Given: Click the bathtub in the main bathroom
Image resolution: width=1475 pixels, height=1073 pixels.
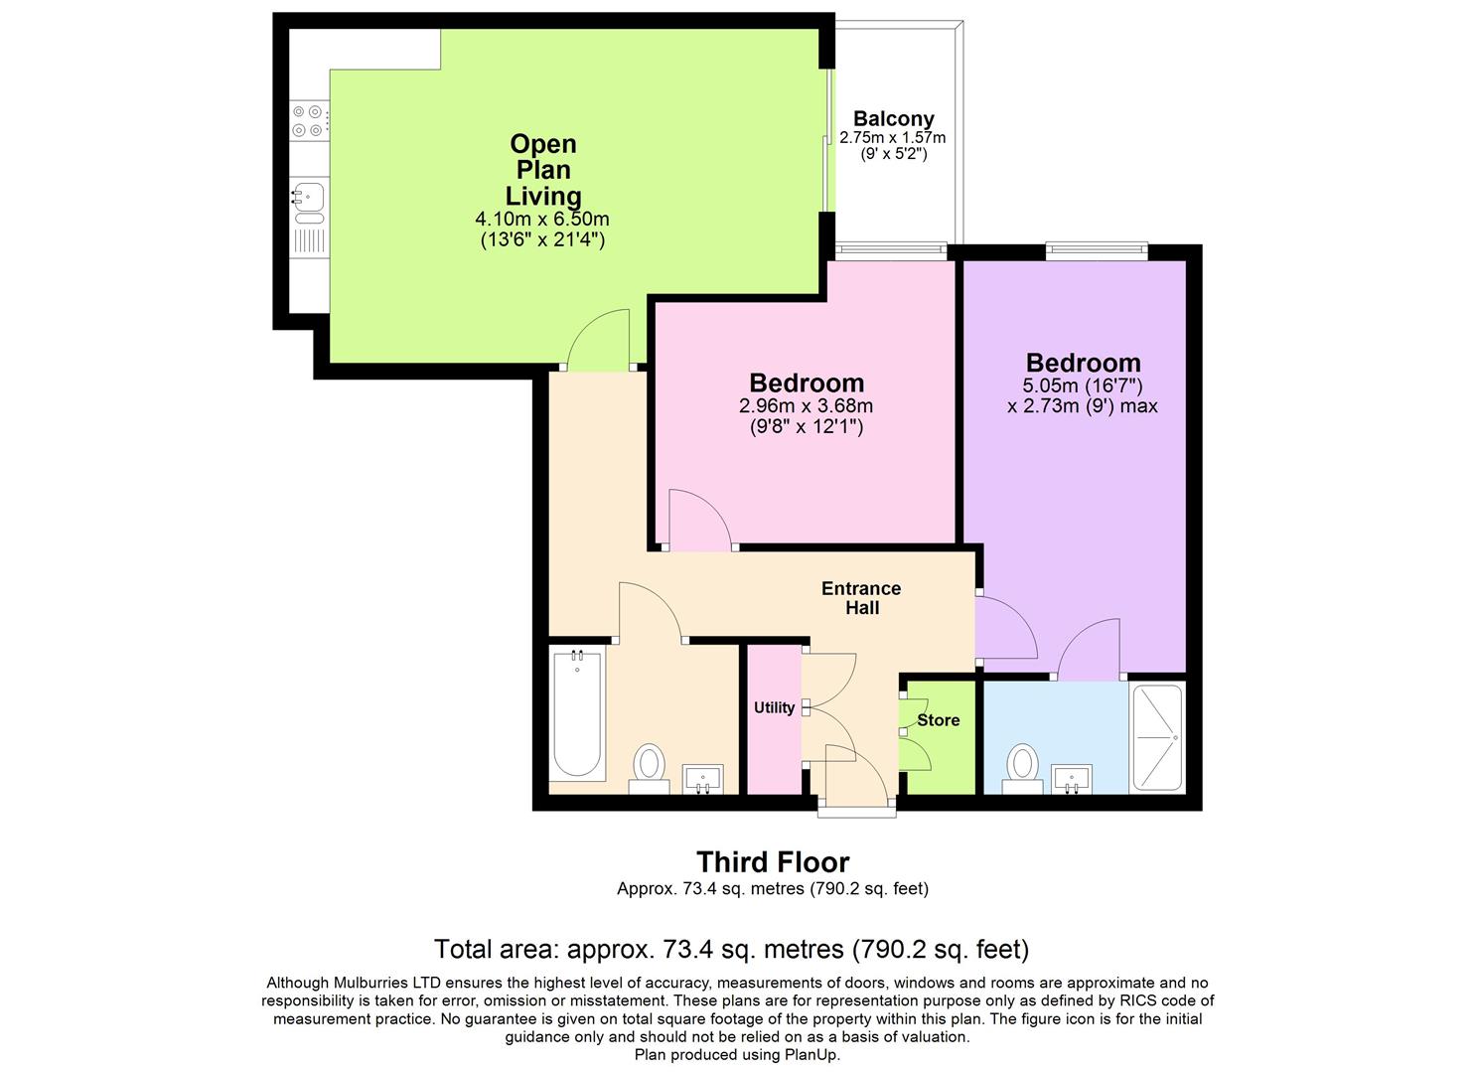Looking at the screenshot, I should pos(577,713).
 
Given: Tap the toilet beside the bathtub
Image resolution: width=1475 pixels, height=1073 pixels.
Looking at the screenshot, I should pos(650,767).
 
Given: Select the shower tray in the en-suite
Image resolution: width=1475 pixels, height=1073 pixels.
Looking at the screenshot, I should pos(1157,737).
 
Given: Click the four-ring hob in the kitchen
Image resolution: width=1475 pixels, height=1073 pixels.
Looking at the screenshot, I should pos(308,120).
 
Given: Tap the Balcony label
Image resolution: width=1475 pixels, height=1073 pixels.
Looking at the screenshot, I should pos(893,119).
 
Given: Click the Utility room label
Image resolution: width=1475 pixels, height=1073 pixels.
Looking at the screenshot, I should pos(774,707).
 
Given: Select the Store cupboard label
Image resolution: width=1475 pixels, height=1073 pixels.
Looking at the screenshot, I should pos(938,720).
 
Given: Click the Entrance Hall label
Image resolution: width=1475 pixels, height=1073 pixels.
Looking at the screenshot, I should pos(861,597).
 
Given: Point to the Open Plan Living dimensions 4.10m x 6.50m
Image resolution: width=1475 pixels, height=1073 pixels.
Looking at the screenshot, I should pos(542,219).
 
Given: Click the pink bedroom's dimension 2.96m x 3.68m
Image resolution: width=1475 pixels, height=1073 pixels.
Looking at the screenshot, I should pos(806,405).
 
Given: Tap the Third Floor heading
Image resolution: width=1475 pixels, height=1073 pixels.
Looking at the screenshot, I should pos(773,861).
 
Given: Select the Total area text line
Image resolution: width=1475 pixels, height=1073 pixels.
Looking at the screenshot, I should pos(731,950).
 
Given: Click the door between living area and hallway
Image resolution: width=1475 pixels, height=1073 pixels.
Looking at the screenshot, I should pos(599,340).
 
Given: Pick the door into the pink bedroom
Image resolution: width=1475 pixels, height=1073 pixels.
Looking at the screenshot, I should pos(699,520).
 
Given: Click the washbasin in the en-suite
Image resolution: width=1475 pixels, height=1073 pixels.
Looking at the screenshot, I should pos(1071,779).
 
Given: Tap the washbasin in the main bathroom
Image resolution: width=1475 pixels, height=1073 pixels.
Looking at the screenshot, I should pos(703,780).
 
